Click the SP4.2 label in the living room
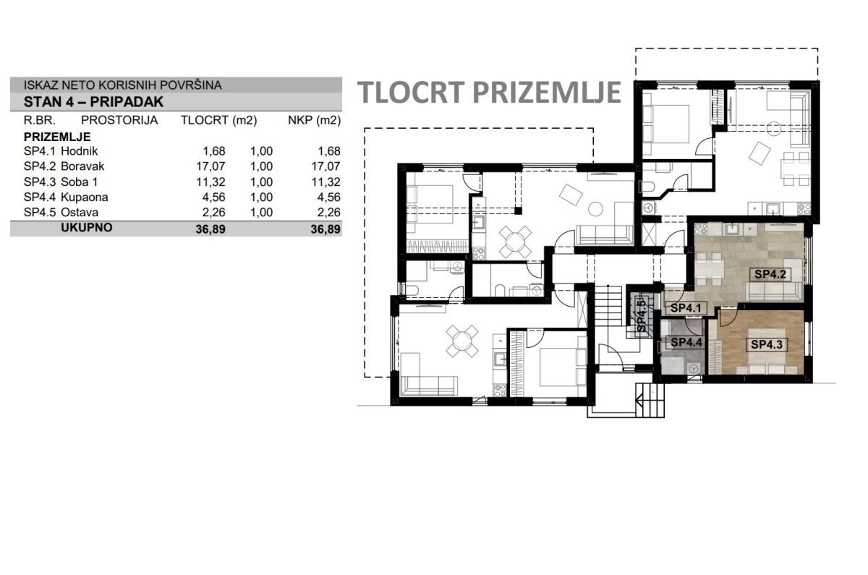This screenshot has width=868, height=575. pos(770,274)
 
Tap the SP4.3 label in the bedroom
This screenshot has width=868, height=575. pos(767,344)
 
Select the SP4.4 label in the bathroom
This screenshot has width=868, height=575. pos(686,342)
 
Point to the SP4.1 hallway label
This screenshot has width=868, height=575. pos(686,308)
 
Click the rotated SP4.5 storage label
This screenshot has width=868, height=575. pos(642,316)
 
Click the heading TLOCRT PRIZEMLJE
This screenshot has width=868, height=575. pos(489,93)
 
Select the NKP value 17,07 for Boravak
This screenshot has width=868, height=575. pos(326,166)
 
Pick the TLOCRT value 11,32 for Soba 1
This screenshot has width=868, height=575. pos(210,182)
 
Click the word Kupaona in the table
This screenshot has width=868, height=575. pos(85,197)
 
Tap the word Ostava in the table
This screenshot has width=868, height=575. pos(80,213)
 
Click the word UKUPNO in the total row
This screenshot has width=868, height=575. pos(87,227)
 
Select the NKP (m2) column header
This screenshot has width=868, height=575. pos(314,121)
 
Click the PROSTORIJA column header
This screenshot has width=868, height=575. pos(119,120)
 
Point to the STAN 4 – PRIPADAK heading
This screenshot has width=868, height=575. pos(93,102)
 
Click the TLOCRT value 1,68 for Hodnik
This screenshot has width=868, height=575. pos(214,150)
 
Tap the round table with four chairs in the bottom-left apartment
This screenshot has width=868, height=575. pos(461,341)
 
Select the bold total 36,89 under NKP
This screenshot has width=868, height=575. pos(325,229)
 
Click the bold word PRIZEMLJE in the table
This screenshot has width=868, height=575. pos(57,137)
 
